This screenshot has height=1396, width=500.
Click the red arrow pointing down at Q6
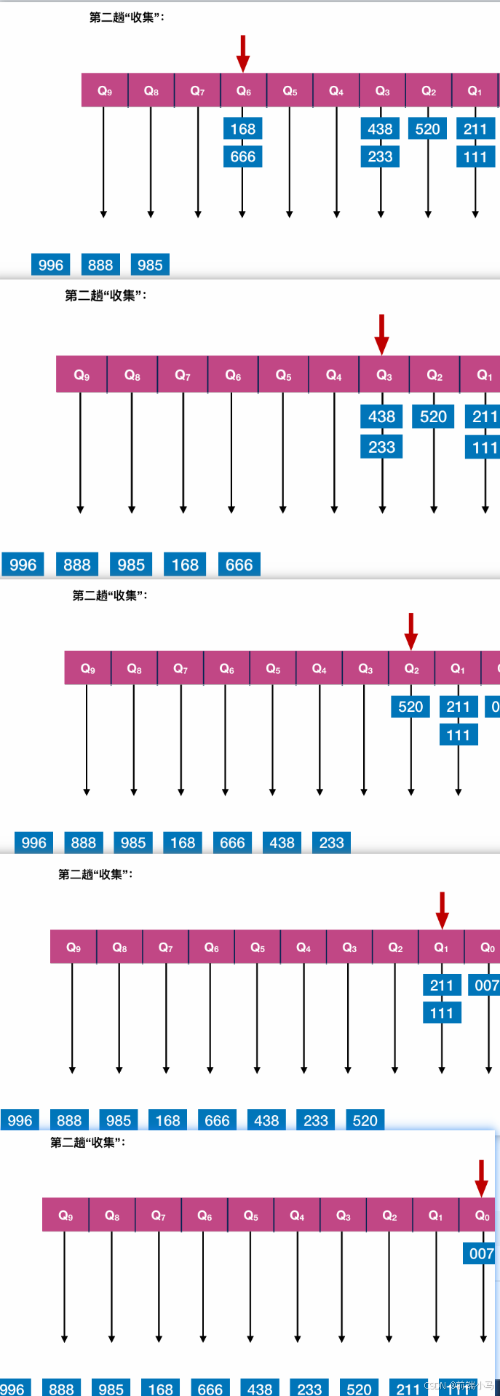243,53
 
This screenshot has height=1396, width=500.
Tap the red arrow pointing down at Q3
381,334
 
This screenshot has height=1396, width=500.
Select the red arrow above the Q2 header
411,630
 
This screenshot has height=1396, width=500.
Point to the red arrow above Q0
481,1178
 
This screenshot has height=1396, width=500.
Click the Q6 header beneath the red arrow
244,91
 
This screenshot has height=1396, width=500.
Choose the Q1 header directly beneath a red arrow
441,947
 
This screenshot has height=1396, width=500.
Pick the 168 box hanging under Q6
242,129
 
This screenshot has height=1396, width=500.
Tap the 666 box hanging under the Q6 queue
242,156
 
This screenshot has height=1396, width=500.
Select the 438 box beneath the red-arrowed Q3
381,416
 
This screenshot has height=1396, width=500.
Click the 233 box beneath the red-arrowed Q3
381,447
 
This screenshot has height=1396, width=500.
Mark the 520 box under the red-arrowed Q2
410,707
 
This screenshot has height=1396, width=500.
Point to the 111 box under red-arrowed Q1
442,1013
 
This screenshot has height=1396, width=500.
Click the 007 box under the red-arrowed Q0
481,1253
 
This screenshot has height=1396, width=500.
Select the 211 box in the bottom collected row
408,1389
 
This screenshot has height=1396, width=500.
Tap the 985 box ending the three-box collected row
150,265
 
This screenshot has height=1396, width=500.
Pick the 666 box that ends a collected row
239,565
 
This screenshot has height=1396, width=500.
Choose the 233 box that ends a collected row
331,843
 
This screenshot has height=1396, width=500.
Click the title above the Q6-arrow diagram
127,17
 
